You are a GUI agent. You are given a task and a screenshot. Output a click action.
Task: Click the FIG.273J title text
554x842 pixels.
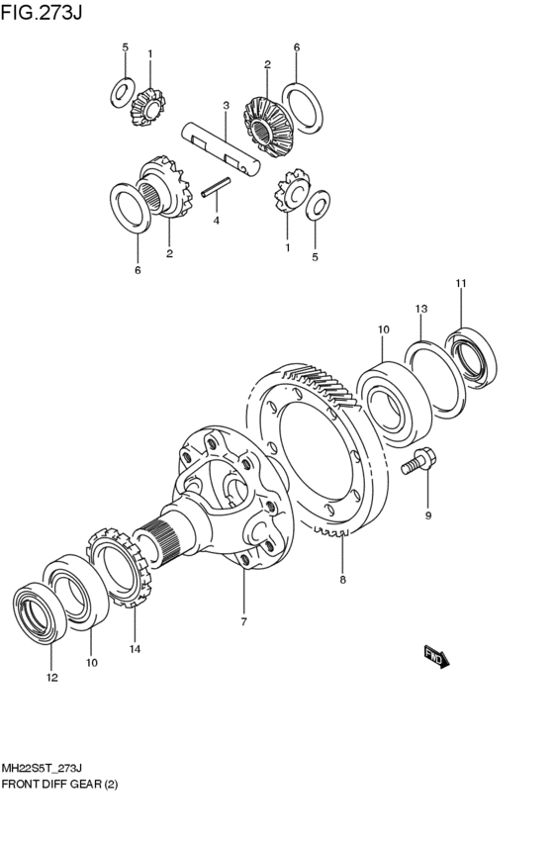pos(42,12)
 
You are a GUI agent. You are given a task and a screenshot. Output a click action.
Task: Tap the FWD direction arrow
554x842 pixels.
pos(436,656)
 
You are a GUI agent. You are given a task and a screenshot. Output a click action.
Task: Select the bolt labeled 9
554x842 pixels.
pos(418,461)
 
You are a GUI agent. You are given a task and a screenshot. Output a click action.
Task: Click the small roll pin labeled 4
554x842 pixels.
pos(216,187)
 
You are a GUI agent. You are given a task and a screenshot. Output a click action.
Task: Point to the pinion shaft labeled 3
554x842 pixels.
pos(221,148)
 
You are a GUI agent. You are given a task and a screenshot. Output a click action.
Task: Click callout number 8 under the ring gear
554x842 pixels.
pos(342,580)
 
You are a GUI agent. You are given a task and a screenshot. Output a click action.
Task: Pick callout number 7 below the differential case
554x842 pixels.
pos(243,621)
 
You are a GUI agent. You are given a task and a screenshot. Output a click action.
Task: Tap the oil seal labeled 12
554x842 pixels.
pos(40,612)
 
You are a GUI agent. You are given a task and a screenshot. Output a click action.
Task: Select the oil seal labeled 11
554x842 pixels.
pos(471,357)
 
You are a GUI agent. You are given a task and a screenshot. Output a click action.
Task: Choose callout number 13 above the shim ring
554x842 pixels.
pos(420,309)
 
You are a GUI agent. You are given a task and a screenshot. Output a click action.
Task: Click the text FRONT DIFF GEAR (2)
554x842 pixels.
pos(59,785)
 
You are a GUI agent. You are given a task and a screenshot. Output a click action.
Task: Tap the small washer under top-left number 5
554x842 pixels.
pos(123,92)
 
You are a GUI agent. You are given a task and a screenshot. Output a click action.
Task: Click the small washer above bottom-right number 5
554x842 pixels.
pos(318,205)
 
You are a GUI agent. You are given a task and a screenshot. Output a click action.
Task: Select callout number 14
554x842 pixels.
pos(135,649)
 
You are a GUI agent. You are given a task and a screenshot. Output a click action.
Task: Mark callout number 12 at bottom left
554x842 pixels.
pos(51,678)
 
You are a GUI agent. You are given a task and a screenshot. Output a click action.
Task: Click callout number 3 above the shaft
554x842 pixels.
pos(226,106)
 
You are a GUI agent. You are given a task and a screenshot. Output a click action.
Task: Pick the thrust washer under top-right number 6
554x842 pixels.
pos(303,108)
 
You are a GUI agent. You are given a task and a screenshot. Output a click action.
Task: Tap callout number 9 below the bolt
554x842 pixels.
pos(427,515)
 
